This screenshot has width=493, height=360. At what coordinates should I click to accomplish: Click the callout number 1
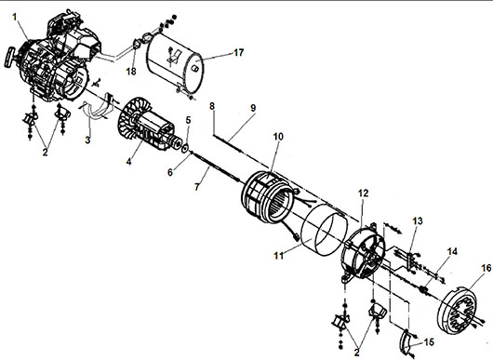15,17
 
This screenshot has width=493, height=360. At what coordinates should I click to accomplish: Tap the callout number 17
239,52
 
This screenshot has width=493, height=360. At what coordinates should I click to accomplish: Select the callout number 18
131,72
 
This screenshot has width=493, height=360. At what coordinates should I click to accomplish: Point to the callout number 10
278,137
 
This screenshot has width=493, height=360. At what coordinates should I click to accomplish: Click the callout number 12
363,193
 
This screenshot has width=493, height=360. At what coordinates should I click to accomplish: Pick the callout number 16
486,268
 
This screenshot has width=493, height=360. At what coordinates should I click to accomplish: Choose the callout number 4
128,162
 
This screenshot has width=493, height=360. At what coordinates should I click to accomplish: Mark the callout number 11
278,256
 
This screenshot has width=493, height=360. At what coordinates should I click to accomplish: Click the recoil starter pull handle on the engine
9,58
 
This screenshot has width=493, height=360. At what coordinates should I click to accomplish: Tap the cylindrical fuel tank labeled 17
175,63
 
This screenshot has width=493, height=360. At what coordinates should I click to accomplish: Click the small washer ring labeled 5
185,148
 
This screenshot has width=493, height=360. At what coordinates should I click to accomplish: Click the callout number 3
87,140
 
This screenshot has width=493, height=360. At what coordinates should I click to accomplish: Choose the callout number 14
452,251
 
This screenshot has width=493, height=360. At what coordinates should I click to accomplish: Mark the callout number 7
197,187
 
